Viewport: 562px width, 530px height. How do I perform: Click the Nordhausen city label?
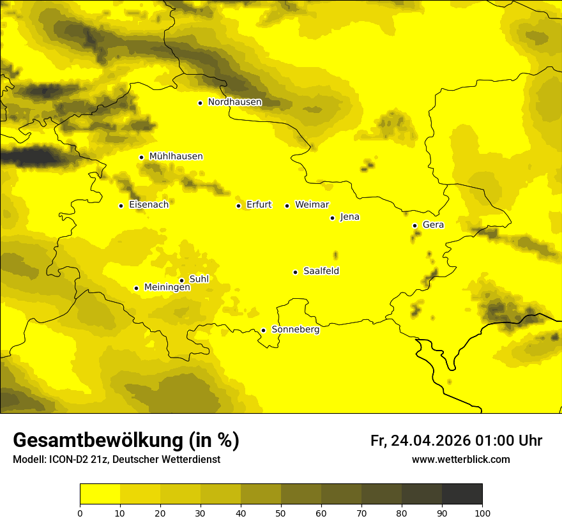point(234,102)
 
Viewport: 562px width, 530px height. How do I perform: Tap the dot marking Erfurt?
point(238,206)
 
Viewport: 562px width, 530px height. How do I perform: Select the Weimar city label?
point(312,205)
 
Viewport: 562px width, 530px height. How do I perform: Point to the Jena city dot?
point(332,218)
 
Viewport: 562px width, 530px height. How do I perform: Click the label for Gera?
point(433,225)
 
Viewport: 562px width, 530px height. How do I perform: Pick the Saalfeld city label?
point(321,271)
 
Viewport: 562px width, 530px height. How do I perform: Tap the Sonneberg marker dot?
point(263,330)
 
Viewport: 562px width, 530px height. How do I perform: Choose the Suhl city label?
point(199,279)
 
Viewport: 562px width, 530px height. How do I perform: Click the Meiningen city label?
point(167,287)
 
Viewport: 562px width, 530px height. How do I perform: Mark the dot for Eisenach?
point(121,206)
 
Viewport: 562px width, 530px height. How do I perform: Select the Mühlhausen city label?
point(176,156)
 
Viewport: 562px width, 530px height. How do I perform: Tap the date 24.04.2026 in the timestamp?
point(430,441)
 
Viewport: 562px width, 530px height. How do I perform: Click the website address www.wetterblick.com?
point(460,460)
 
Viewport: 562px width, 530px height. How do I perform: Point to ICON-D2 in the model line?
point(70,460)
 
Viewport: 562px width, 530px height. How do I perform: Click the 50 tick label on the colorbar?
point(281,513)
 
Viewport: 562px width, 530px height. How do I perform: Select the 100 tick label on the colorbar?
point(482,513)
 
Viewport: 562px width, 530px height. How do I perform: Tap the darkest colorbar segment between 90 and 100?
point(462,494)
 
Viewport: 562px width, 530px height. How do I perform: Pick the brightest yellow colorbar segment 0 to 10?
point(100,494)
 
